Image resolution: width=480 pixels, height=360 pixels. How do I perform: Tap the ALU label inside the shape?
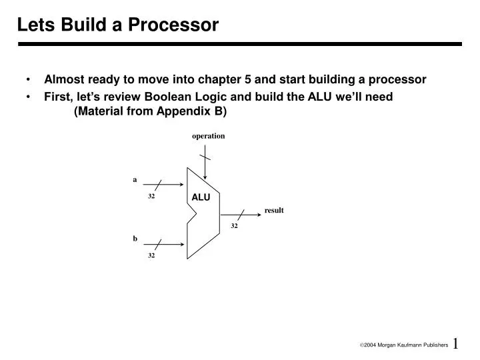(201, 197)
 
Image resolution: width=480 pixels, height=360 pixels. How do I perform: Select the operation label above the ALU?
(209, 136)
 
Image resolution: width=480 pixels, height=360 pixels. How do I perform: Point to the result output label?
(274, 210)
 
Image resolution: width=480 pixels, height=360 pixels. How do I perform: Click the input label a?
(135, 179)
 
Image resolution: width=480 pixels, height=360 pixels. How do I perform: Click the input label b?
(135, 238)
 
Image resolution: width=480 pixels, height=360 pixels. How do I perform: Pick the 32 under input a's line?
(151, 197)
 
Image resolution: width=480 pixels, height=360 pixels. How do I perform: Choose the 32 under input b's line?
(151, 255)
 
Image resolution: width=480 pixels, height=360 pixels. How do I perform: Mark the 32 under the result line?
(235, 226)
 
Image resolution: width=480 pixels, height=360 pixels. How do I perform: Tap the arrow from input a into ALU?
(170, 184)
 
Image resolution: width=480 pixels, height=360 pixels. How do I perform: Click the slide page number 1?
(456, 343)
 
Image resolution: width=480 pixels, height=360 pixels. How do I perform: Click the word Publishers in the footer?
(433, 346)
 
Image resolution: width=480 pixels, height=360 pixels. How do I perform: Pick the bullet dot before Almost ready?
(31, 80)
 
